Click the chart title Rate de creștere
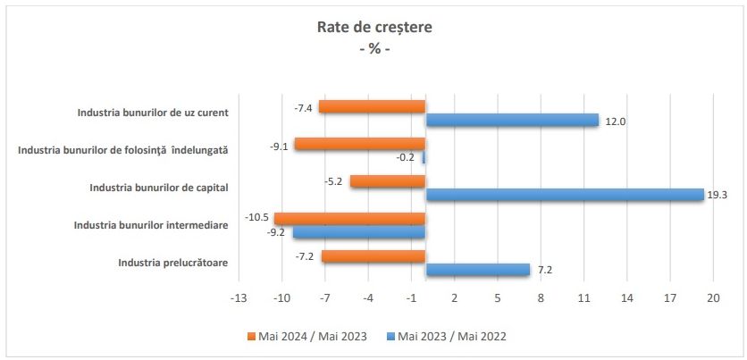(374, 27)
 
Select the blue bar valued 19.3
(564, 195)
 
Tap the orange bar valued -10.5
(349, 219)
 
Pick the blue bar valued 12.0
(511, 120)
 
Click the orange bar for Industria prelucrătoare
(373, 256)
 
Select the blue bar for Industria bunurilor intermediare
(359, 232)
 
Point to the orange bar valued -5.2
(387, 181)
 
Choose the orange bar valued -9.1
(359, 144)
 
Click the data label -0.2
(407, 157)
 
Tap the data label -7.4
(303, 107)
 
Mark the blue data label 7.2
(545, 270)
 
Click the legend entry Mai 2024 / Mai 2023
(309, 336)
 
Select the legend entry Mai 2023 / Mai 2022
(451, 336)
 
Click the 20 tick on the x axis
(713, 297)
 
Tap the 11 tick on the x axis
(583, 297)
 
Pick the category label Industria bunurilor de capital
(159, 188)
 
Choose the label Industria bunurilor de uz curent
(153, 113)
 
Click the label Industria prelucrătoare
(172, 263)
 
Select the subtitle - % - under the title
(374, 48)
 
